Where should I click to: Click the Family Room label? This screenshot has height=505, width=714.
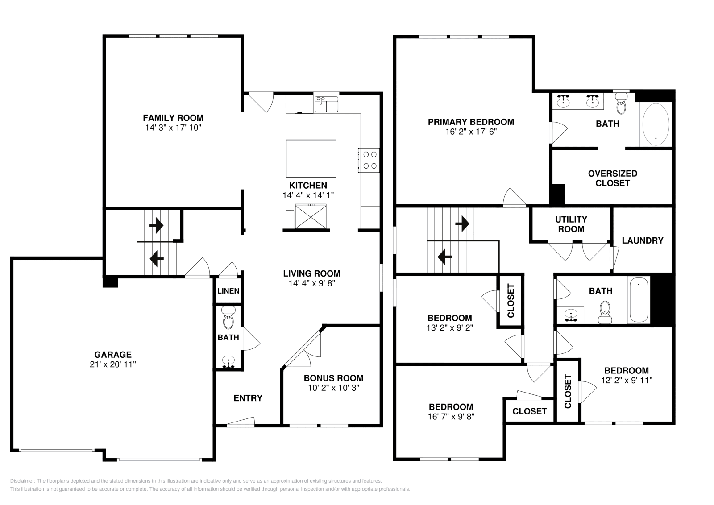(173, 118)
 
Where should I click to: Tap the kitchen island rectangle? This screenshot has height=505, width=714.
(311, 158)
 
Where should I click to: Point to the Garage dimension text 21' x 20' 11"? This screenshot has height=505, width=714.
(112, 364)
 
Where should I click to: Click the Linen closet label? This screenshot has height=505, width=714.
(228, 291)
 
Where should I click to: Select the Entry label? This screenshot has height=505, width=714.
(248, 398)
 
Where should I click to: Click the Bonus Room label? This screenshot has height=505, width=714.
(333, 378)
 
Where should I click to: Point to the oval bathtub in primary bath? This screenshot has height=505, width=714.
(655, 124)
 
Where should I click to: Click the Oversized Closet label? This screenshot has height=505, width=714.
(612, 178)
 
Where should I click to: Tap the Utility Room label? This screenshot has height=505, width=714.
(571, 224)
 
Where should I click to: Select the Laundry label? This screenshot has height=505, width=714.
(642, 240)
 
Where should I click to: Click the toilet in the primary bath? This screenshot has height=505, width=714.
(621, 105)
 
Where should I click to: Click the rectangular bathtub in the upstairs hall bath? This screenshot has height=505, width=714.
(639, 299)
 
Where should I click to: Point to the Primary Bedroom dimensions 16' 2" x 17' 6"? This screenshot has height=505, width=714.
(471, 132)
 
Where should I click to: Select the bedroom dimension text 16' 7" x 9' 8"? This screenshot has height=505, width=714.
(451, 417)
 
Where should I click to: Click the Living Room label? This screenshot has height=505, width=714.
(311, 273)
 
